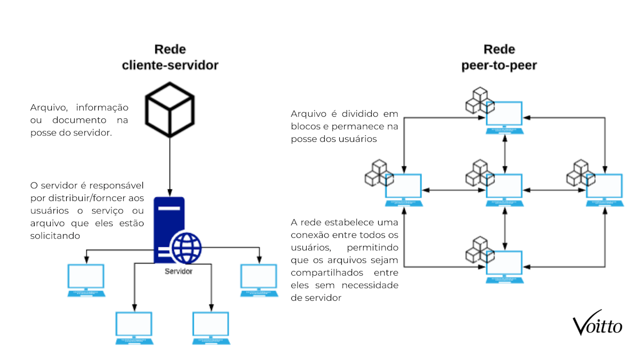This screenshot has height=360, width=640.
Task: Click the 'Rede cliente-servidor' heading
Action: point(170,58)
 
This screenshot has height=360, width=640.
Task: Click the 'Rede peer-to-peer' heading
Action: point(499,58)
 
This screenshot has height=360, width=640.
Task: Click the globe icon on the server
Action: point(187,247)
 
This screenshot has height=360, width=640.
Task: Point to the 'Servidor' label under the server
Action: point(178,271)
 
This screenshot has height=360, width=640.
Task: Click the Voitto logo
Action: point(597,323)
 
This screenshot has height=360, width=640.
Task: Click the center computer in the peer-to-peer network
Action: point(504,189)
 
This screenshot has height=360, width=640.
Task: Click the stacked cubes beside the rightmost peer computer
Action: point(577,172)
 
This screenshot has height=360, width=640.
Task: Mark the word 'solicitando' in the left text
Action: point(55,235)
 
